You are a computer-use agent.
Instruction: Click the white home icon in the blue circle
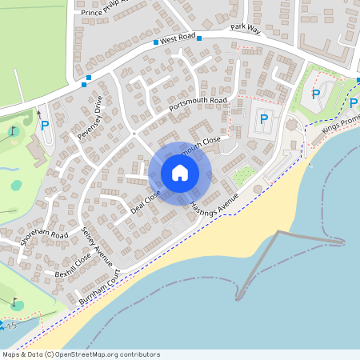click(x=180, y=173)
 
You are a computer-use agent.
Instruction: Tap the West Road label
click(x=178, y=38)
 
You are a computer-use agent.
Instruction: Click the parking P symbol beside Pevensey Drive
click(x=45, y=126)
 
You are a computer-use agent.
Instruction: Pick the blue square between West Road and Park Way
click(x=200, y=38)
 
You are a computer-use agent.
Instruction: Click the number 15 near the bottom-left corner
click(x=11, y=326)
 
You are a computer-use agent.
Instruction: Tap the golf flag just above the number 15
click(x=14, y=303)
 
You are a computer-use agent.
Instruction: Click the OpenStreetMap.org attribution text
click(x=105, y=354)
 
